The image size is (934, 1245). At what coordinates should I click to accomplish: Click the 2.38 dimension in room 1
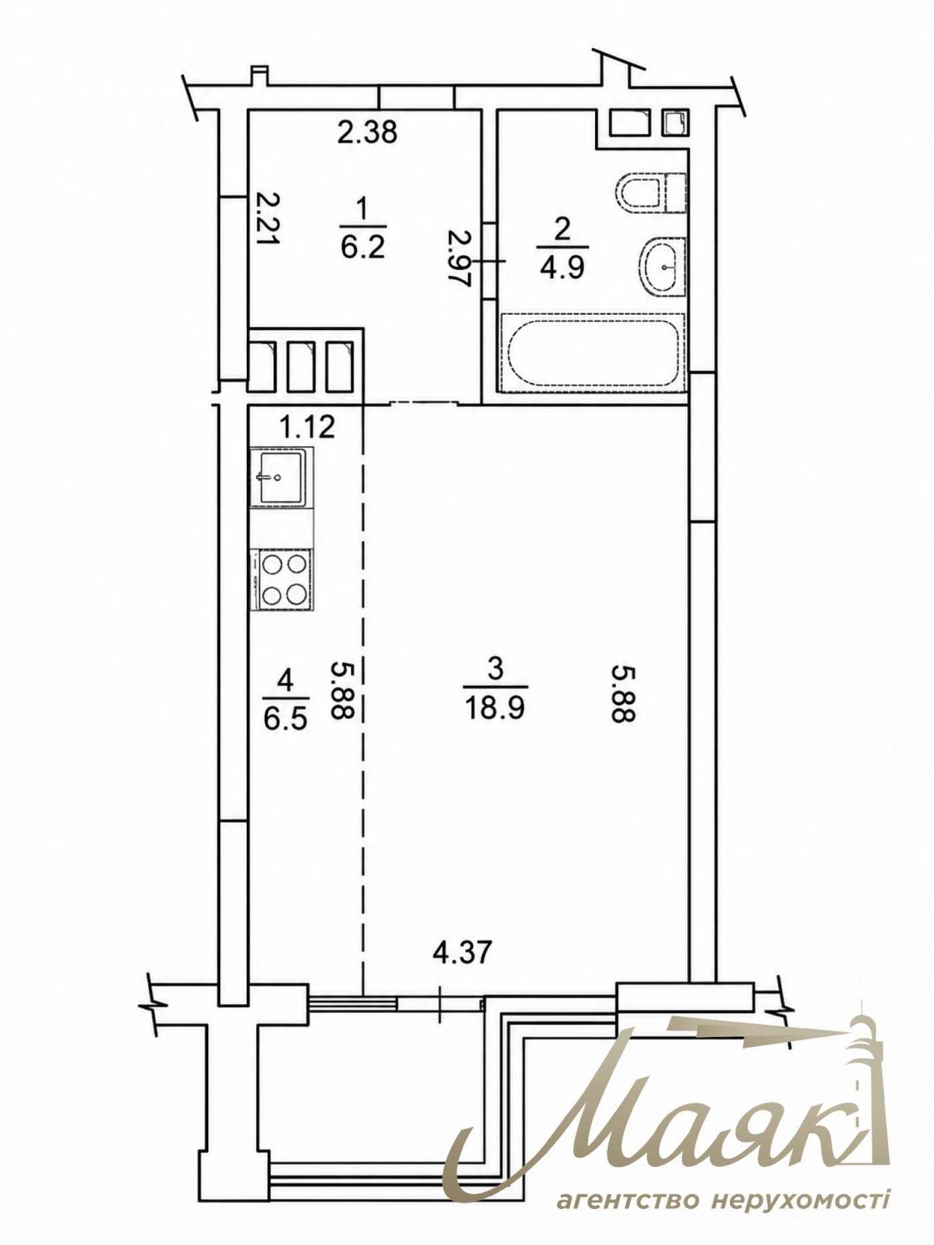367,132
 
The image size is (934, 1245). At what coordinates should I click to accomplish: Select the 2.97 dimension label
460,258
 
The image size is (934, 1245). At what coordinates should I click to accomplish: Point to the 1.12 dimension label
308,427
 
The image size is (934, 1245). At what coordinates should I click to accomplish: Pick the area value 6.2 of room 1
363,248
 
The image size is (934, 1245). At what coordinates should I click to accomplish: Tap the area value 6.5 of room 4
285,720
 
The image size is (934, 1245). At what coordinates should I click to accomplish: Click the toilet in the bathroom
651,193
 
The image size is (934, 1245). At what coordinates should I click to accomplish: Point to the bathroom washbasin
662,267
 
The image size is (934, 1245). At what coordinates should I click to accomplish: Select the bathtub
593,352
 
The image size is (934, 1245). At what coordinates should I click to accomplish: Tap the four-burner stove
282,579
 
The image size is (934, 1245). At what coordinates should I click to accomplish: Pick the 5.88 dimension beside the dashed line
342,690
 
